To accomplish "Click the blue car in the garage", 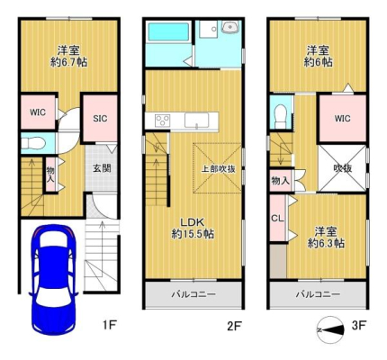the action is click(x=53, y=280).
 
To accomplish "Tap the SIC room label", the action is click(x=100, y=119).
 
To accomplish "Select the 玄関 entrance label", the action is click(x=102, y=168).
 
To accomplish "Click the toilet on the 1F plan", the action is click(x=33, y=143).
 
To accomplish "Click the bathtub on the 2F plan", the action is click(x=168, y=32).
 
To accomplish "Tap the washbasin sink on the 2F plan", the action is click(x=230, y=27).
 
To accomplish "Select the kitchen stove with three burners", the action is click(x=162, y=121).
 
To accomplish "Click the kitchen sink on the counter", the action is click(x=196, y=121).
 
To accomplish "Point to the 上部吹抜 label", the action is click(x=218, y=169).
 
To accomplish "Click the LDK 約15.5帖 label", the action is click(x=193, y=228).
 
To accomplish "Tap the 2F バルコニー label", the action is click(x=193, y=294).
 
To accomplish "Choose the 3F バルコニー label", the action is click(x=318, y=294).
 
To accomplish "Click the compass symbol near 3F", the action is click(x=330, y=330).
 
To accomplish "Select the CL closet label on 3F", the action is click(x=277, y=219).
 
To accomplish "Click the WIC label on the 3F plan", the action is click(x=342, y=119).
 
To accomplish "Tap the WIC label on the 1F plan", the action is click(x=38, y=112).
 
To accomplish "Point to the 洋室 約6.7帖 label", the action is click(x=68, y=56).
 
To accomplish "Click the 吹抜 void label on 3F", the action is click(x=342, y=168).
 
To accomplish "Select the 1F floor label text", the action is click(x=109, y=325).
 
